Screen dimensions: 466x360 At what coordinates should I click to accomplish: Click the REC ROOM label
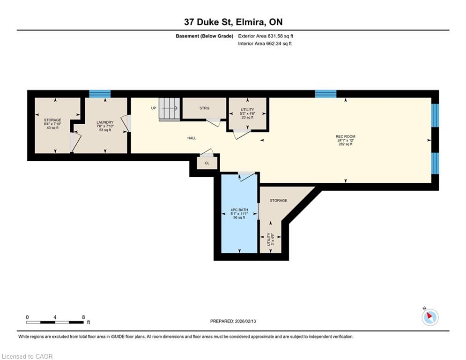click(x=345, y=136)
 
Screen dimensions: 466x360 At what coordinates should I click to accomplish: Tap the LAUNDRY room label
click(x=105, y=122)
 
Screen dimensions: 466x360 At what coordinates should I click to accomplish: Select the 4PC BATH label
click(x=239, y=210)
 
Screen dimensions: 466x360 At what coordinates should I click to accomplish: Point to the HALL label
click(x=192, y=138)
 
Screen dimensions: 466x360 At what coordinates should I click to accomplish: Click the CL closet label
click(x=207, y=163)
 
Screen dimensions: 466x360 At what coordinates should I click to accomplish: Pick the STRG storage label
click(x=205, y=108)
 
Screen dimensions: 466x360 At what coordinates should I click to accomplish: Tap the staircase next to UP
click(x=170, y=109)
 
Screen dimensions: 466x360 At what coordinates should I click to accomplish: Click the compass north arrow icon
click(x=430, y=317)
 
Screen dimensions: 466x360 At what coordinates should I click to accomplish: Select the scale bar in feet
click(x=55, y=322)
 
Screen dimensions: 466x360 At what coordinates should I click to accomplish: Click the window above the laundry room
click(x=100, y=94)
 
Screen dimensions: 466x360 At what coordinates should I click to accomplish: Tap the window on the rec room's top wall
click(x=325, y=94)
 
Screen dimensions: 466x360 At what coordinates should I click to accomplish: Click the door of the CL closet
click(x=207, y=153)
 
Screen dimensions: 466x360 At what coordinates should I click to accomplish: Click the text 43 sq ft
click(x=52, y=127)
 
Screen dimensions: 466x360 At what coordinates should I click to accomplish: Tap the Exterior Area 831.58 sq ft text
click(x=266, y=36)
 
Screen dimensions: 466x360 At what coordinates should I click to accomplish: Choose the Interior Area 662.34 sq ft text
click(x=265, y=44)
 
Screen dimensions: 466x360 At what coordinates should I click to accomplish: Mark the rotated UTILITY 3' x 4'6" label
click(x=270, y=239)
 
